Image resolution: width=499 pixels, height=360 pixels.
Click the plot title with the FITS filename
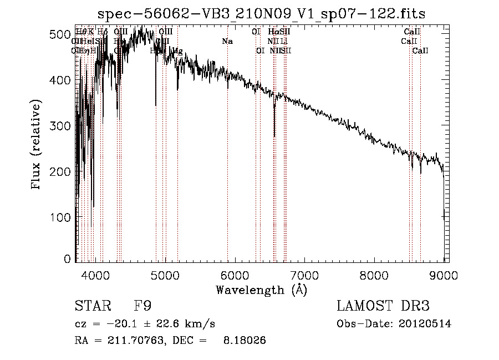pos(261,14)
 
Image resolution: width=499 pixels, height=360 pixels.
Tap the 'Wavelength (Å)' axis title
pos(261,290)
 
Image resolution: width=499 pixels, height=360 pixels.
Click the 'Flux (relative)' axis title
pos(37,145)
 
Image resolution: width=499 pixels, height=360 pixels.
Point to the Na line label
pos(227,41)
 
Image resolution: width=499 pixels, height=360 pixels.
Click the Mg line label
pos(177,51)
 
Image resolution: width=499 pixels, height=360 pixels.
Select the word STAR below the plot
pos(89,306)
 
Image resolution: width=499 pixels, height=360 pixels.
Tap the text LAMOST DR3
pos(383,306)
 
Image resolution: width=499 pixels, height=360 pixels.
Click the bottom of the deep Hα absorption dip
pos(274,135)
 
